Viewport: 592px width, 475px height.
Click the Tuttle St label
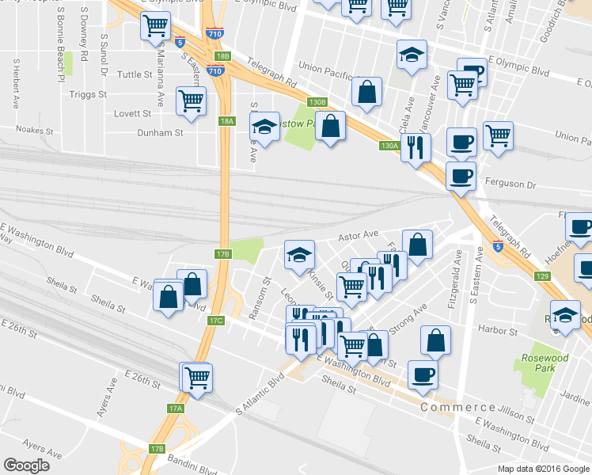tap(135, 75)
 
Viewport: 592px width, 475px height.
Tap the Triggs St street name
tap(88, 94)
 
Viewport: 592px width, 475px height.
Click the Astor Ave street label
tap(359, 236)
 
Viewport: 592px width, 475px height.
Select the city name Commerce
tap(458, 407)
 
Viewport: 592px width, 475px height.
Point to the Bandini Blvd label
tap(192, 468)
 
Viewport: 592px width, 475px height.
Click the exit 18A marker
tap(228, 121)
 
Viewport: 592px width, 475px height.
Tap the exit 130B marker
tap(317, 102)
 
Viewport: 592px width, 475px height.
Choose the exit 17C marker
tap(217, 321)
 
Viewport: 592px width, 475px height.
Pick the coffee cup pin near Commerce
tap(422, 374)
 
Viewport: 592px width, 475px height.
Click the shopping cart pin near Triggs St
tap(191, 101)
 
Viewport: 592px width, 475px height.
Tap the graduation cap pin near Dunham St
tap(265, 126)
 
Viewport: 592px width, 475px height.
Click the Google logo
tap(27, 465)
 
